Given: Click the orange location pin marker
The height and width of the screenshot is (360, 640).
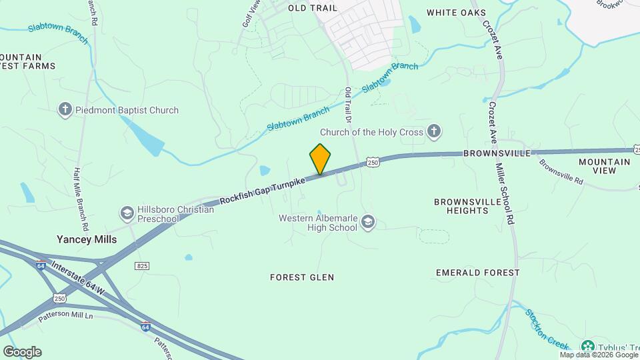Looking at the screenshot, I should tap(320, 159).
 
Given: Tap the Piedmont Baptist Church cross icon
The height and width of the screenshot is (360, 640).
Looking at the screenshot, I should tap(65, 110).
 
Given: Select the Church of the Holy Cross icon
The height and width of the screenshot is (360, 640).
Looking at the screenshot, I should tap(433, 131).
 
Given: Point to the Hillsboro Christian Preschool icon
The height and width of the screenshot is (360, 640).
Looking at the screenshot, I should tap(127, 213).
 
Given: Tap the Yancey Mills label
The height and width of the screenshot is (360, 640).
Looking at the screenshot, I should tap(87, 239).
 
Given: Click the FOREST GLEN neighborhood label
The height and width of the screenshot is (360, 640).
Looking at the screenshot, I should tap(302, 277).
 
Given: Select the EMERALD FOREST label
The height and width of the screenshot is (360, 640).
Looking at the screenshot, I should tap(477, 273).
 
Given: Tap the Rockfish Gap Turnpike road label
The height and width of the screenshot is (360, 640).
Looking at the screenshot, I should tap(263, 190).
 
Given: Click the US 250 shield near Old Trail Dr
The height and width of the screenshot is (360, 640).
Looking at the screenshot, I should tap(373, 163).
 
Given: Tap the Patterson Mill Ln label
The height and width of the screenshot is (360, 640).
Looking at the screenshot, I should tap(65, 313).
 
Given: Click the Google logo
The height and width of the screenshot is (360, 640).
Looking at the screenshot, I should tap(22, 351).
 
